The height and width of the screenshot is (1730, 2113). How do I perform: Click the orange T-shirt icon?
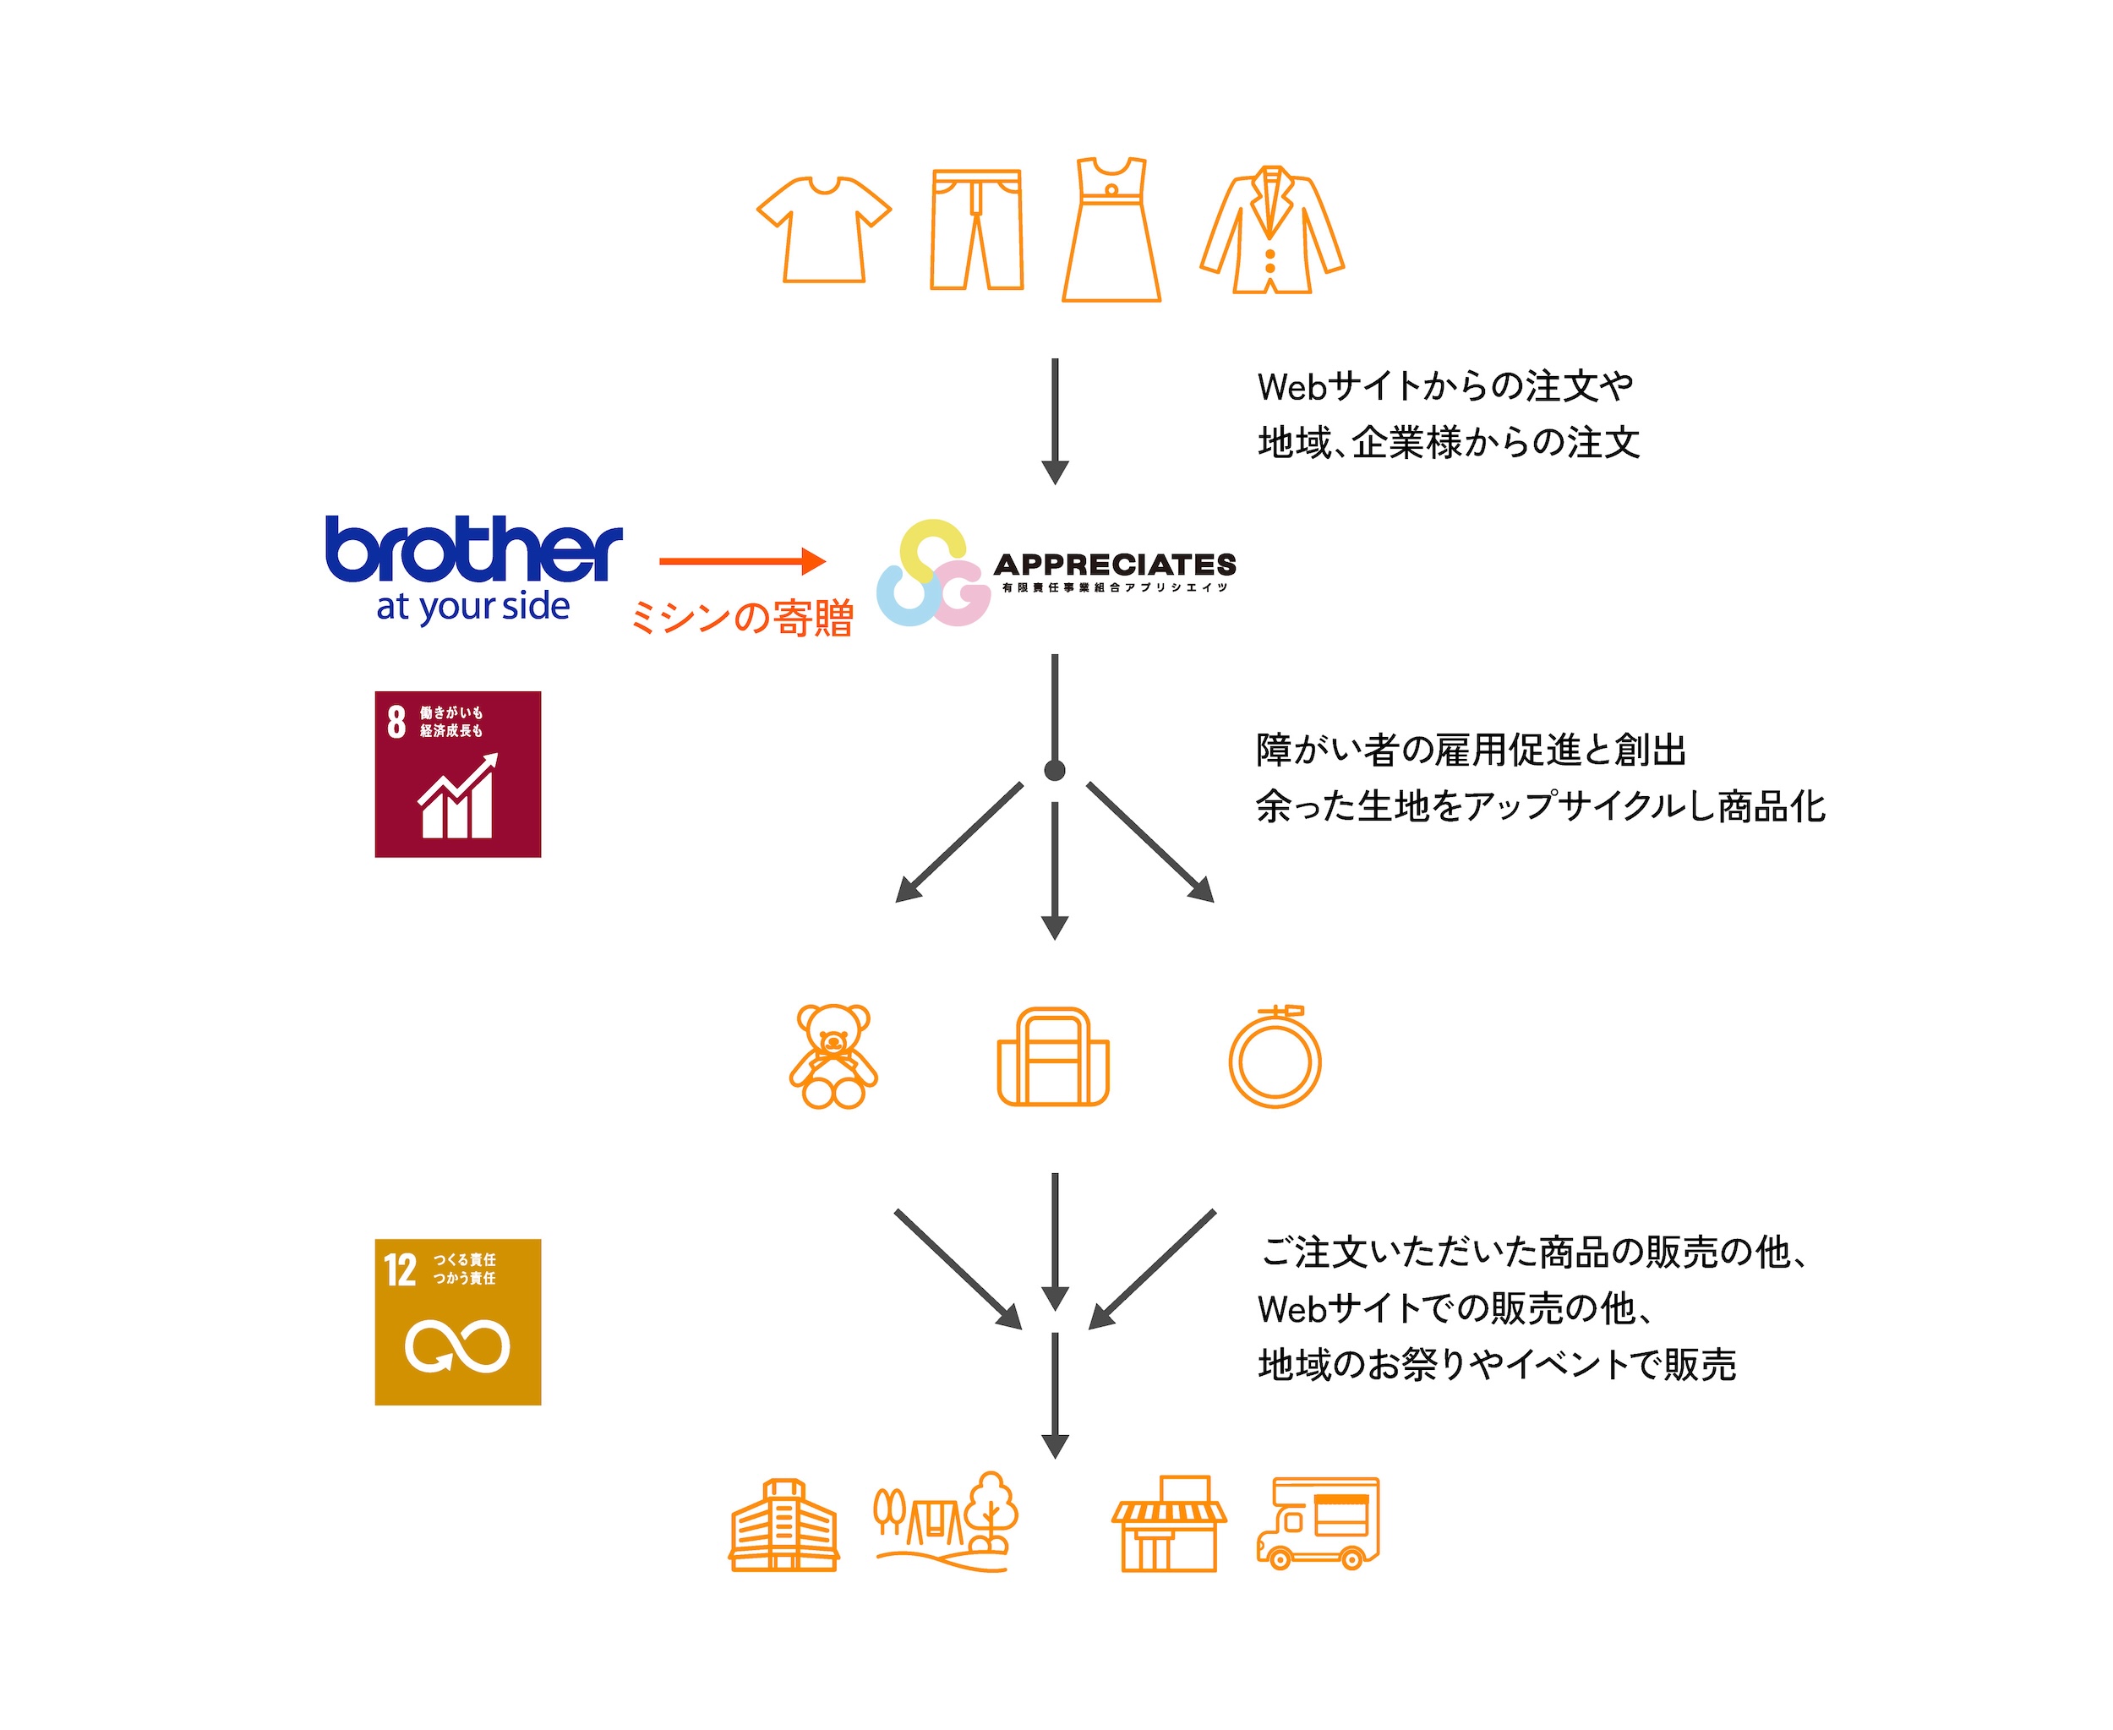click(x=823, y=229)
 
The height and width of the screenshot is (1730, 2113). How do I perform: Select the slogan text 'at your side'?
click(x=472, y=606)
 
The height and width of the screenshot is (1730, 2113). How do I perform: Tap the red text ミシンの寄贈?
click(x=741, y=618)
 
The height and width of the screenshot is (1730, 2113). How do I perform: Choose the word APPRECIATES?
click(x=1114, y=564)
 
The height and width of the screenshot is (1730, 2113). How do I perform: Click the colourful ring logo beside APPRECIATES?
click(x=932, y=573)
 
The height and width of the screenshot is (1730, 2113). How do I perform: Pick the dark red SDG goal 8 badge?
click(x=457, y=774)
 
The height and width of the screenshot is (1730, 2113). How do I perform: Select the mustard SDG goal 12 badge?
click(x=457, y=1322)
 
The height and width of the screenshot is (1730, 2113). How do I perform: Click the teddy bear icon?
click(x=833, y=1056)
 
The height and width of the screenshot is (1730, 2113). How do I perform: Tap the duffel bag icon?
click(x=1052, y=1057)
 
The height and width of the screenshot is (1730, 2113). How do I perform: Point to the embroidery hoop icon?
click(x=1274, y=1057)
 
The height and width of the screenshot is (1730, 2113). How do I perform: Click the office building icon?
click(x=784, y=1525)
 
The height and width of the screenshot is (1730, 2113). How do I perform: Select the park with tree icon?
click(x=946, y=1522)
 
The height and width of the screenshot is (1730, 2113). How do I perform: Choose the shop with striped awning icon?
click(x=1168, y=1524)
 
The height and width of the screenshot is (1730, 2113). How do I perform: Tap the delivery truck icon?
click(x=1318, y=1523)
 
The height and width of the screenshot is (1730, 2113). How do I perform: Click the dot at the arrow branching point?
click(x=1055, y=770)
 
